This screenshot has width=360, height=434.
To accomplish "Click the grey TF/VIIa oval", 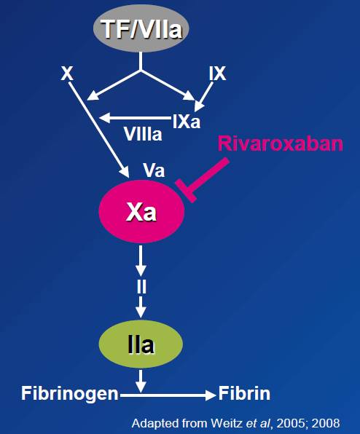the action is (141, 28).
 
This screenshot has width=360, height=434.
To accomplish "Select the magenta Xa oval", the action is (141, 211).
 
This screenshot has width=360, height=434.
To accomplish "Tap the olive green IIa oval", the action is (141, 344).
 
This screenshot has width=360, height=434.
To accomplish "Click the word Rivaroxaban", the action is (281, 143).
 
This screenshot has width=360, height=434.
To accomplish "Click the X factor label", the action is (67, 74).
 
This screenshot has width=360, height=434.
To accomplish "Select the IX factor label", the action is (217, 74).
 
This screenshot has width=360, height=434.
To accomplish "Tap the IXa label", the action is (186, 122).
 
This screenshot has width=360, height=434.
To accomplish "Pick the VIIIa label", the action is (143, 134).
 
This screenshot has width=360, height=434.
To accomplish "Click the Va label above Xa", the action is (154, 170).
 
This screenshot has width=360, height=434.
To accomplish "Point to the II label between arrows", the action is (141, 286).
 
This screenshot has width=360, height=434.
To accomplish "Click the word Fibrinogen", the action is (70, 394).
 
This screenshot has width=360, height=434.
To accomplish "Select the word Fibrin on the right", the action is (244, 393).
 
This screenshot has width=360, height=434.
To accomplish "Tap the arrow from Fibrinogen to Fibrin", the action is (168, 395).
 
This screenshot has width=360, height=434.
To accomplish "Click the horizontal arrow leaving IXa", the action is (136, 118).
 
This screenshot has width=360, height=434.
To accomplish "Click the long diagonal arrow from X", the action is (99, 130).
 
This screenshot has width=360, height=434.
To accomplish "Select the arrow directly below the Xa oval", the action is (141, 261).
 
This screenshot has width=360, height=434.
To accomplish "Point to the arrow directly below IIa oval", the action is (141, 381).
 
